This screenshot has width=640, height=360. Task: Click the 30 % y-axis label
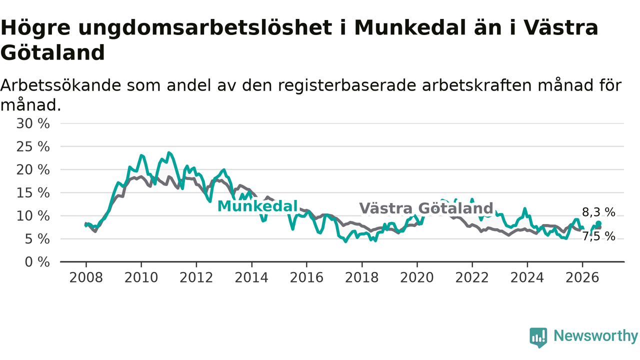pyautogui.click(x=33, y=124)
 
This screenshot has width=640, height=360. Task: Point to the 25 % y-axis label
pyautogui.click(x=33, y=147)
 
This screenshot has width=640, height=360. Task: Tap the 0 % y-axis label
pyautogui.click(x=37, y=262)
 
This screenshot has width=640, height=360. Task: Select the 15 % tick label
pyautogui.click(x=33, y=193)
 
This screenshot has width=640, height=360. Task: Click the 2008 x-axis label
pyautogui.click(x=86, y=277)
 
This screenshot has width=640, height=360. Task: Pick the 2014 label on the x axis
pyautogui.click(x=251, y=277)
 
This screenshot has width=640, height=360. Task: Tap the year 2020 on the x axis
pyautogui.click(x=417, y=277)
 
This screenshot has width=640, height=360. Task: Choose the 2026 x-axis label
pyautogui.click(x=582, y=277)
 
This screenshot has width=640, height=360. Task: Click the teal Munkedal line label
pyautogui.click(x=257, y=206)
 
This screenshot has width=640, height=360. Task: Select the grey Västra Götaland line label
pyautogui.click(x=426, y=208)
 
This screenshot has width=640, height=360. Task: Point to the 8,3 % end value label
pyautogui.click(x=598, y=212)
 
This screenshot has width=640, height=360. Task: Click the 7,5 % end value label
pyautogui.click(x=598, y=236)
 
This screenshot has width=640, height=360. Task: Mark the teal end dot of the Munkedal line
pyautogui.click(x=598, y=223)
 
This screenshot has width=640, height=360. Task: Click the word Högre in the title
pyautogui.click(x=35, y=28)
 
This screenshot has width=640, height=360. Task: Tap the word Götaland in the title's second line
pyautogui.click(x=53, y=53)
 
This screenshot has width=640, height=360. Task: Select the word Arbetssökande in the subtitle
pyautogui.click(x=60, y=85)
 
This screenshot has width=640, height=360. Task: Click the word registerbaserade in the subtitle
pyautogui.click(x=347, y=85)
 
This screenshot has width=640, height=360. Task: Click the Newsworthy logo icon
pyautogui.click(x=538, y=337)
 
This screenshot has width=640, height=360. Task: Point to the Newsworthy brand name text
pyautogui.click(x=595, y=335)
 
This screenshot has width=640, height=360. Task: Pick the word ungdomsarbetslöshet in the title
pyautogui.click(x=205, y=28)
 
